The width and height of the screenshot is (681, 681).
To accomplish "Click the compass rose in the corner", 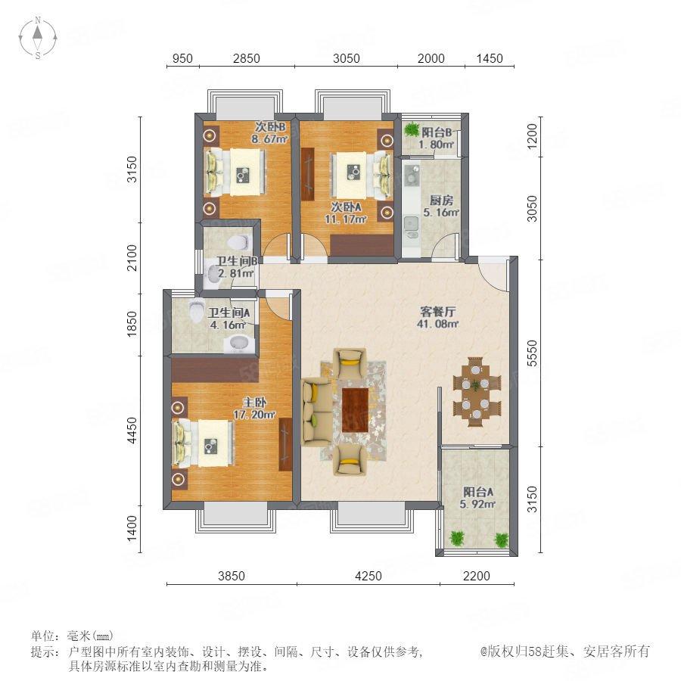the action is click(x=38, y=37).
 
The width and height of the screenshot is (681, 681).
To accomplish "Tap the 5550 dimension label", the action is click(x=532, y=353).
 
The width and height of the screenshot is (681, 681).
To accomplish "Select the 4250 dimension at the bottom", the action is click(x=368, y=576).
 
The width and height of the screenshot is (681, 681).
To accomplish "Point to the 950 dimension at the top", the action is click(x=182, y=58).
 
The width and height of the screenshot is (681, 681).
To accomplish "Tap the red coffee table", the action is click(x=356, y=410).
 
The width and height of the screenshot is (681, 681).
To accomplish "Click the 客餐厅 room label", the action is click(x=438, y=312).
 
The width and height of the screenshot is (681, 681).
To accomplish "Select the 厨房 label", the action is click(x=441, y=201).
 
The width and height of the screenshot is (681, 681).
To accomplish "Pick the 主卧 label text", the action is click(x=254, y=403).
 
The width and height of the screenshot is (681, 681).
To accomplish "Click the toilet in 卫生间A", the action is click(x=196, y=309).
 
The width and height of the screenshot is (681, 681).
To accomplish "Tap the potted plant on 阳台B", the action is click(x=410, y=129).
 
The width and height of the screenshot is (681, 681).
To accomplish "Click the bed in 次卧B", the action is click(x=235, y=172).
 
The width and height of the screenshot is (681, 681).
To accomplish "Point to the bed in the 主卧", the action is click(x=204, y=443).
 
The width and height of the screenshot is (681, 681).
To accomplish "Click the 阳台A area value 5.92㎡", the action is click(x=477, y=504).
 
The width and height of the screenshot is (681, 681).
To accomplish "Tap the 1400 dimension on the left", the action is click(x=132, y=528).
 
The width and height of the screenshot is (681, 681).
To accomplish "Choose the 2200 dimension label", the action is click(x=477, y=576).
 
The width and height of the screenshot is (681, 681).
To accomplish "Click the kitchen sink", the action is click(x=411, y=224).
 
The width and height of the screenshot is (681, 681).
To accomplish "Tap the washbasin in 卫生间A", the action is click(x=239, y=344).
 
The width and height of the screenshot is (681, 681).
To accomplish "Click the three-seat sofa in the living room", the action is click(x=316, y=412).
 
